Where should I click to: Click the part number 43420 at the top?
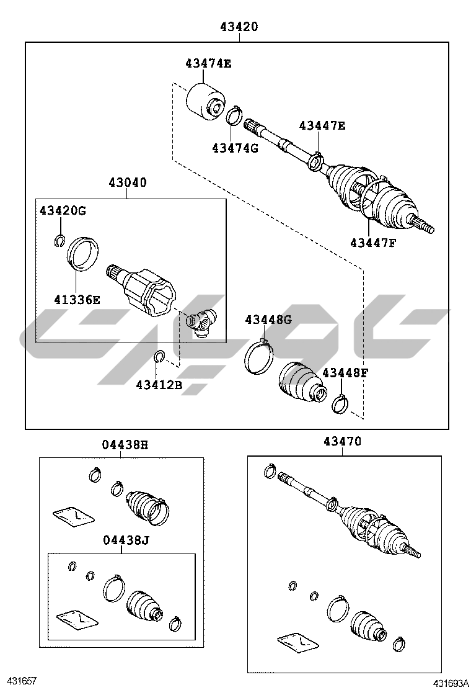click(x=239, y=27)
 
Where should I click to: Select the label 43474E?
click(x=208, y=63)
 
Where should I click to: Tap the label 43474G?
click(x=235, y=148)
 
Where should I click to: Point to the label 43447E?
click(x=322, y=125)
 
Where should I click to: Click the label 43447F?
click(x=373, y=243)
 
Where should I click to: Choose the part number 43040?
click(x=128, y=182)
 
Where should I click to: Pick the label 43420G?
click(x=63, y=210)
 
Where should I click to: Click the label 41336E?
click(x=77, y=300)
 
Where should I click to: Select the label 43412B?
click(x=159, y=385)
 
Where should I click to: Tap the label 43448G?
click(x=268, y=320)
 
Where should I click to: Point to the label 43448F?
click(x=345, y=373)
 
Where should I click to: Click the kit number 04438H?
click(x=125, y=445)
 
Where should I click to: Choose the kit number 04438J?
click(x=126, y=539)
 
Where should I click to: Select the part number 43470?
click(x=342, y=441)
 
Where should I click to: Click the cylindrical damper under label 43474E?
click(x=205, y=101)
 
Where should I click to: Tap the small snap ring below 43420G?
click(x=59, y=241)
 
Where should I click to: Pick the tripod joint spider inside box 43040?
click(x=201, y=323)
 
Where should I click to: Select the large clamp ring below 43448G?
click(x=259, y=357)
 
